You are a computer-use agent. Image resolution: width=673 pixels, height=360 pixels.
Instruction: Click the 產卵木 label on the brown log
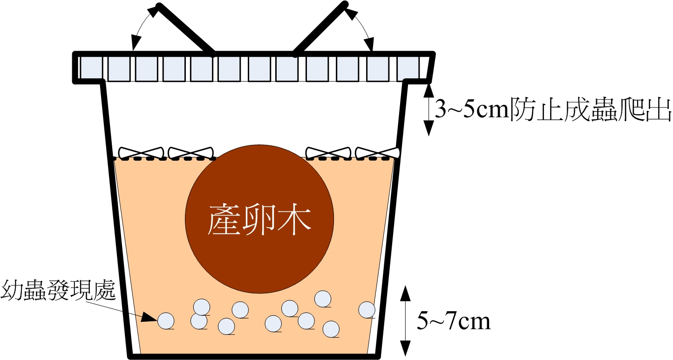pos(259,220)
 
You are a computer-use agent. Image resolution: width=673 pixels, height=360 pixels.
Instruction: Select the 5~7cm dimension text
pos(454,321)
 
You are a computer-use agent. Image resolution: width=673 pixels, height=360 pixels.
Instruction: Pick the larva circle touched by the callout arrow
pos(166,320)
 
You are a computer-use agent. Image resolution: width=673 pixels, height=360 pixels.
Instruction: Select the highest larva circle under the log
pos(323,299)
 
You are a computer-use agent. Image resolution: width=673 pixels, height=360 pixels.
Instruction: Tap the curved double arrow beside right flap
pos(362,28)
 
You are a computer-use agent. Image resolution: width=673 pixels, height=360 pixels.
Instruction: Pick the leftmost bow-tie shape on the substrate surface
pos(141,152)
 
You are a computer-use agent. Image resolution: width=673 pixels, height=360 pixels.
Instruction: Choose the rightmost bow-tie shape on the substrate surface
pos(378,152)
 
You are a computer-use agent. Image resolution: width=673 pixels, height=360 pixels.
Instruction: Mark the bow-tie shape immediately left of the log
pos(191,152)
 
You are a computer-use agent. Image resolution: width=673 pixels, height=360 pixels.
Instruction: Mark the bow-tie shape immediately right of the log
pos(328,152)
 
